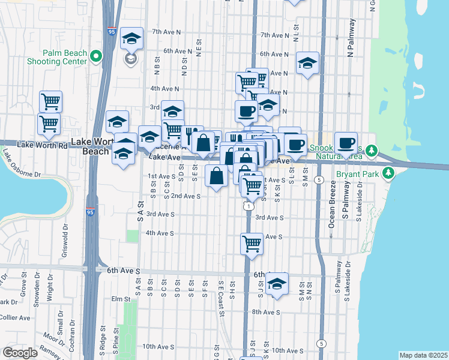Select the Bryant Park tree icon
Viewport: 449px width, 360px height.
coord(389,174)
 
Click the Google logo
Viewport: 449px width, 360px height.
coord(20,353)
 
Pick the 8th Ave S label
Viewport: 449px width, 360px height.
coord(266,312)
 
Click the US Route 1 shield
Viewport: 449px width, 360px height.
coord(247,206)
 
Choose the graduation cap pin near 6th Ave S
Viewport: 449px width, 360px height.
coord(277,285)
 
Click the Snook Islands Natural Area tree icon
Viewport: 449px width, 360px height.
coord(372,149)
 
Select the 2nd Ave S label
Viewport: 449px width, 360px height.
coord(185,196)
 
